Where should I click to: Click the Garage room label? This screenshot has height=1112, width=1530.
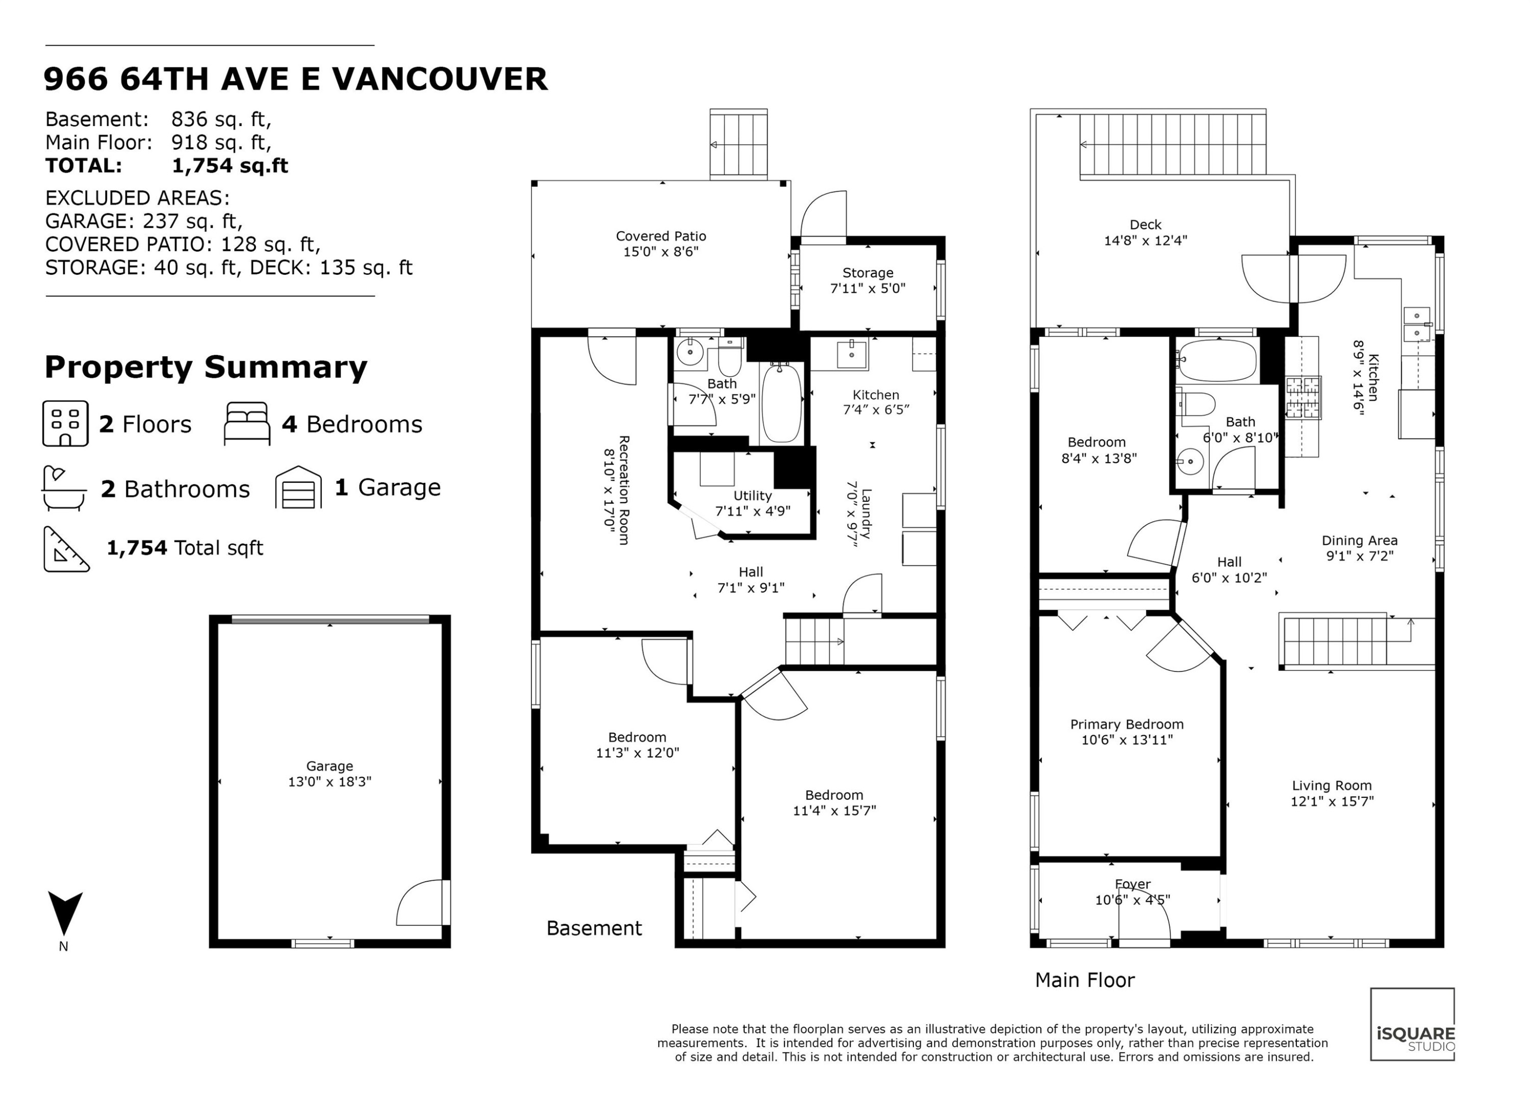(x=329, y=766)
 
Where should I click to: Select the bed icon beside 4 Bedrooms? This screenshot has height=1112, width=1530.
(x=247, y=424)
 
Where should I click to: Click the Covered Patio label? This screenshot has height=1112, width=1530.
(x=660, y=236)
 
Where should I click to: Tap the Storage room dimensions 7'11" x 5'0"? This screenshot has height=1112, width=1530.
(x=867, y=289)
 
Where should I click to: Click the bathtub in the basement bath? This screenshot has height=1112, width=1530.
(x=781, y=403)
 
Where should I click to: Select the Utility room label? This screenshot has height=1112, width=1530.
(x=752, y=496)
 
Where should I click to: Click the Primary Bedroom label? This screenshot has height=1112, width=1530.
(x=1127, y=724)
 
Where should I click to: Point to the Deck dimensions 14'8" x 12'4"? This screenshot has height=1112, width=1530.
(x=1145, y=241)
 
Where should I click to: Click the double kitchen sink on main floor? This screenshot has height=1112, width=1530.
(x=1417, y=324)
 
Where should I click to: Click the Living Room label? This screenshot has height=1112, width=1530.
(x=1332, y=786)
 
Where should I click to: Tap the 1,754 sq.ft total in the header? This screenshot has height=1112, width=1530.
(x=230, y=166)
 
